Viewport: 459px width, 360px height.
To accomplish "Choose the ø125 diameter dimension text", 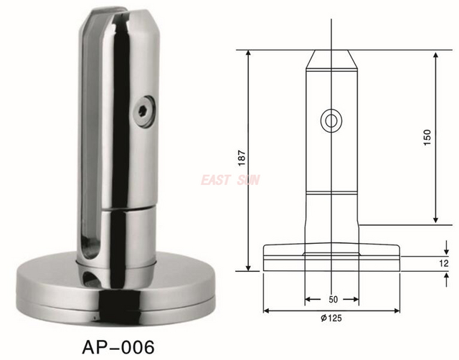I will pyautogui.click(x=331, y=318).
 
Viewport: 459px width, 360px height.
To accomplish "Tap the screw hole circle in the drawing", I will pyautogui.click(x=331, y=120).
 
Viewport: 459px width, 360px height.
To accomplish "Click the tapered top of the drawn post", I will pyautogui.click(x=331, y=60).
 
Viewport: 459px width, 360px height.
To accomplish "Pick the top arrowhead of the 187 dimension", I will pyautogui.click(x=250, y=53).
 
